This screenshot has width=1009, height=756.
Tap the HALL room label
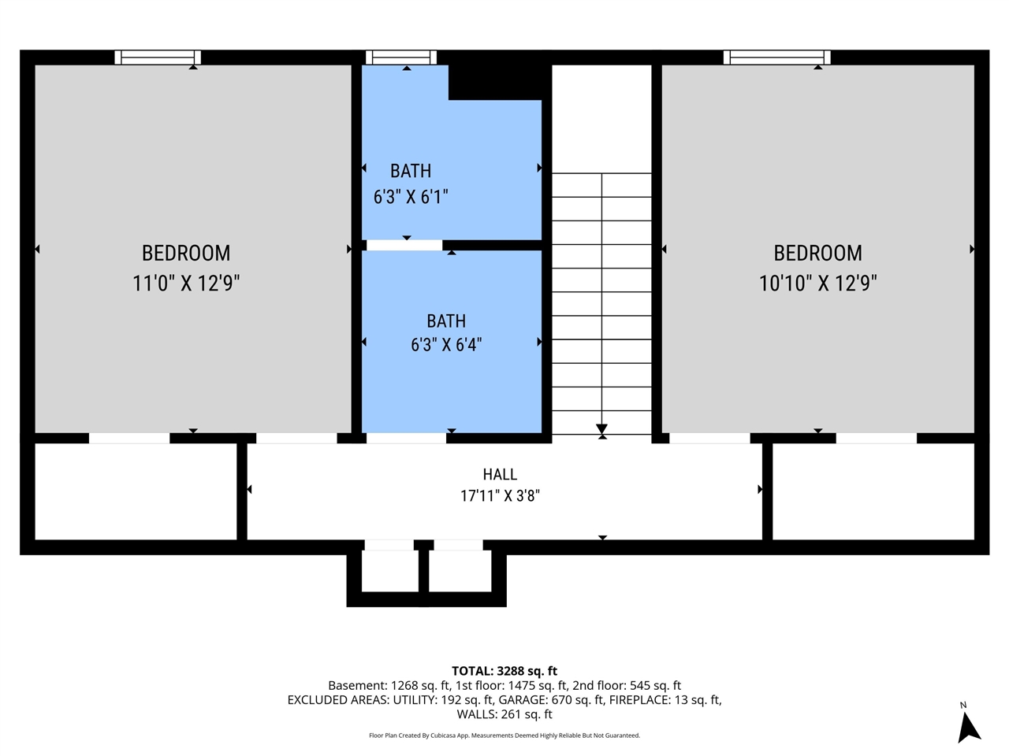pos(500,474)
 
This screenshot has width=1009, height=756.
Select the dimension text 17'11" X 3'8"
pos(500,496)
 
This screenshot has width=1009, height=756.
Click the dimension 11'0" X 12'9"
pos(186,283)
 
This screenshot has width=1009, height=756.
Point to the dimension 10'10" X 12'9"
pos(817,283)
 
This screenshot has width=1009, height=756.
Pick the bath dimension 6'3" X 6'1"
pos(411,197)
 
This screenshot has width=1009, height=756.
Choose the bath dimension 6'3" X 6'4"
pos(446,344)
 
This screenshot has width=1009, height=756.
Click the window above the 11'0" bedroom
pos(158,57)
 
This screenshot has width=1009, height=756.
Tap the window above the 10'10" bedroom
pos(777,57)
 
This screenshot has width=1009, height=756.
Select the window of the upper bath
pos(401,57)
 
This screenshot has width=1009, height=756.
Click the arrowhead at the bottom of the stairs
pos(601,429)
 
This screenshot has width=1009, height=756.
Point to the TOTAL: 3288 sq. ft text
pos(504,671)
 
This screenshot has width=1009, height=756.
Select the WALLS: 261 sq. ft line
pos(504,714)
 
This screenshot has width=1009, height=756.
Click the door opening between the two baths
pos(404,245)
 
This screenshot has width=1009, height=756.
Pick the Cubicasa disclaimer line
pos(504,736)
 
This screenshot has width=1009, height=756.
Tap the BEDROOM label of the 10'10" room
pos(817,254)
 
